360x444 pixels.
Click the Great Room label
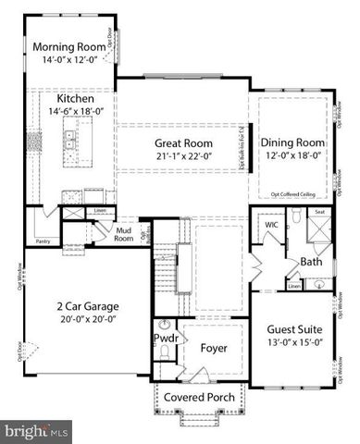pos(183,143)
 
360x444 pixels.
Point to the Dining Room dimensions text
pos(291,156)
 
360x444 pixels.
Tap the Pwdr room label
pos(165,339)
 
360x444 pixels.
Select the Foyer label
pos(213,348)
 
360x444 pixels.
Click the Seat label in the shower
pos(319,213)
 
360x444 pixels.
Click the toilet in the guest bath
pos(293,219)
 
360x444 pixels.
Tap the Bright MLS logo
pos(37,431)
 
